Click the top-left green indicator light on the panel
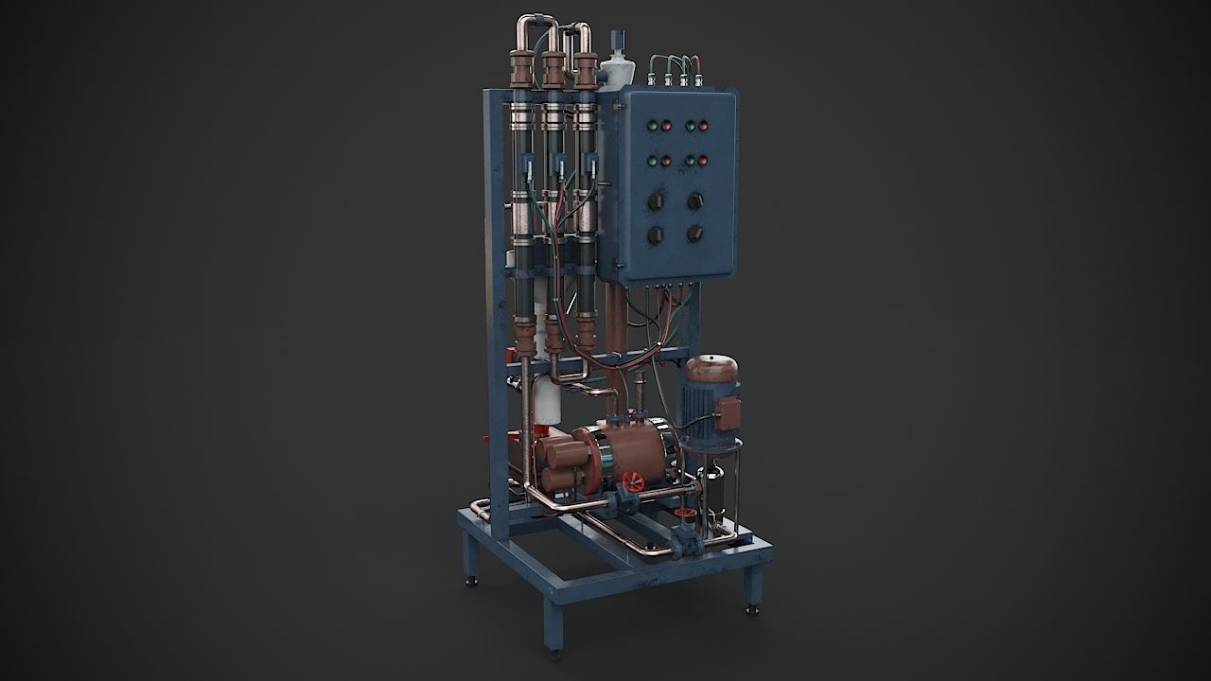coord(651,125)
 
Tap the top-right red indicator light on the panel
coord(704,125)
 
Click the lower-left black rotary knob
coord(655,235)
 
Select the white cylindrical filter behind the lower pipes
coord(546,403)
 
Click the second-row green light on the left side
coord(651,161)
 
